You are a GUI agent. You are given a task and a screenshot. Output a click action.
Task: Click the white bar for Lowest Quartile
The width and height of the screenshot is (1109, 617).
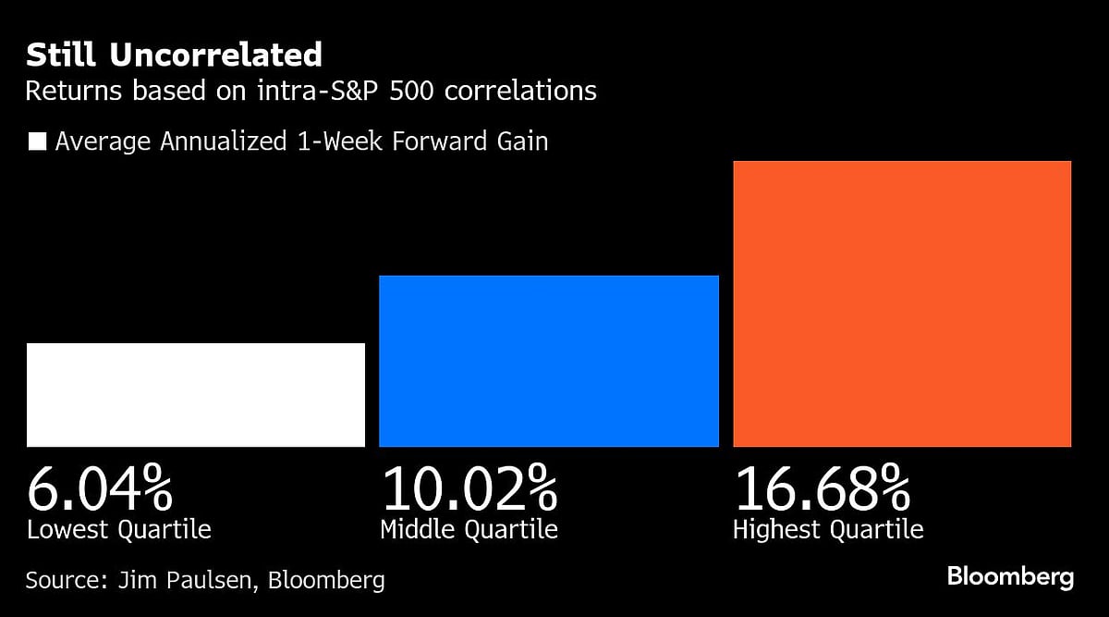coord(196,395)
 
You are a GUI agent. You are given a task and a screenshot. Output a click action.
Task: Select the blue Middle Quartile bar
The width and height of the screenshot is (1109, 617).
coord(549,362)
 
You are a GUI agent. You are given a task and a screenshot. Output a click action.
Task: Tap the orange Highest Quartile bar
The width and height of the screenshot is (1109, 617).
coord(902,304)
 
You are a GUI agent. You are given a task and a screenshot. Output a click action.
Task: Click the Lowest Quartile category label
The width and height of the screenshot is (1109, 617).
coord(119,530)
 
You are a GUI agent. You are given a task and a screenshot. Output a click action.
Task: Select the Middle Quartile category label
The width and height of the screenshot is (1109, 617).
coord(469,530)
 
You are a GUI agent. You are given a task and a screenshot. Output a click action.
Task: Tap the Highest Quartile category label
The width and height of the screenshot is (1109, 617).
coord(828,530)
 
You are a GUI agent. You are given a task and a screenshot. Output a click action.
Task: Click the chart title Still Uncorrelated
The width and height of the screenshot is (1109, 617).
coord(174,56)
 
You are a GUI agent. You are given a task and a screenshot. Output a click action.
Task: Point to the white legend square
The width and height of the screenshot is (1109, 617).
coord(38,142)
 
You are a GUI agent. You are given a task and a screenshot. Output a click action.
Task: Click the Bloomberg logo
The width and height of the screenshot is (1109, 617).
coord(1010,577)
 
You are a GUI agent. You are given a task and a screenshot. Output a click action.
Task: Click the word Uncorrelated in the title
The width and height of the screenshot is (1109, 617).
coord(216,56)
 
